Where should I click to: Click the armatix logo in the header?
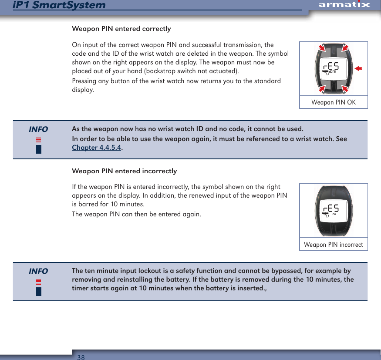click(x=344, y=5)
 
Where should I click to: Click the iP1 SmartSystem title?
click(x=59, y=5)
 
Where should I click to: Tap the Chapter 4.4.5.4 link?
click(x=97, y=148)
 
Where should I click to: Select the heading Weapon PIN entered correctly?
click(x=121, y=29)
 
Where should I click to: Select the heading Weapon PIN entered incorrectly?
click(x=124, y=171)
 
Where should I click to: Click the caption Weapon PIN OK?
click(x=334, y=102)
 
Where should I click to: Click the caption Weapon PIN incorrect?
click(x=334, y=245)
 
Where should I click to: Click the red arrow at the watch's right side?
click(x=358, y=68)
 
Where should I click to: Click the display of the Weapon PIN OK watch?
click(x=333, y=68)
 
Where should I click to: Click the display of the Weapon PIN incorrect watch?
click(x=333, y=210)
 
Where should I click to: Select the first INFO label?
click(x=38, y=129)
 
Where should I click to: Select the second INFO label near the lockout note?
click(x=38, y=271)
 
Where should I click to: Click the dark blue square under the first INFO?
click(x=39, y=149)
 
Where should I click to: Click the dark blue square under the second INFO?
click(x=39, y=291)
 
